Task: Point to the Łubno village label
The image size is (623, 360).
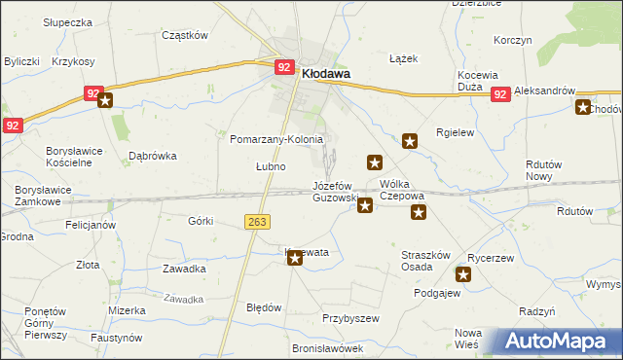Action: pos(271,166)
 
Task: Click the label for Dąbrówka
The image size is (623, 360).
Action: pos(153,155)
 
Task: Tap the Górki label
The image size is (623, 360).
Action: pos(201,221)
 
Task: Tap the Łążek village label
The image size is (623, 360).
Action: pos(403,58)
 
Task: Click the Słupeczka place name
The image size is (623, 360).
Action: pos(67,21)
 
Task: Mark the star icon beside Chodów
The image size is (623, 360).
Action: pos(583,108)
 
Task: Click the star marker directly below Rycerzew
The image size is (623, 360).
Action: pos(464,275)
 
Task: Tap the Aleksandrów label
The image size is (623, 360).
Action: pos(558,90)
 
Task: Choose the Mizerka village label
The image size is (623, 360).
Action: pos(128,310)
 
